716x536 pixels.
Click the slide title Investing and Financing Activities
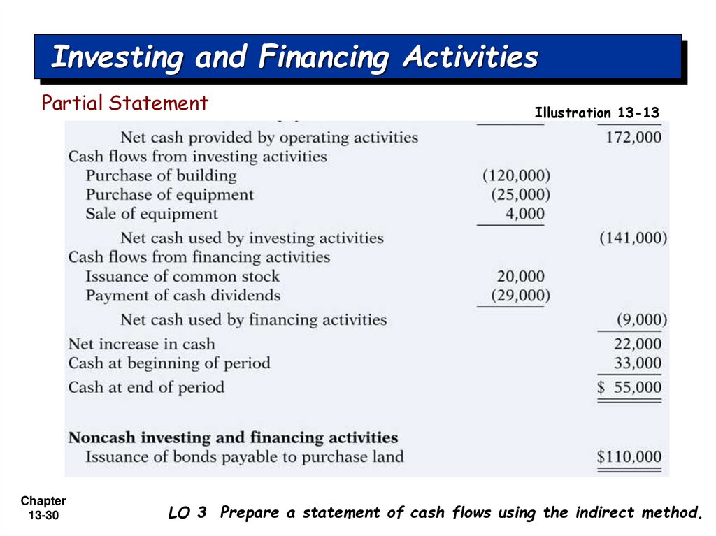(x=294, y=57)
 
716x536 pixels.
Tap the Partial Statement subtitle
(x=124, y=103)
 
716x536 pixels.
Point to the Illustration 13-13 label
(x=596, y=113)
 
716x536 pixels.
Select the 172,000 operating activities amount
(x=633, y=137)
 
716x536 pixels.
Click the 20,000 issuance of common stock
(x=520, y=277)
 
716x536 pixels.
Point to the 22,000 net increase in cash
(x=638, y=344)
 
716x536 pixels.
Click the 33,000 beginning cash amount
(x=638, y=363)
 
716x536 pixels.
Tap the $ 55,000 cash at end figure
(x=629, y=387)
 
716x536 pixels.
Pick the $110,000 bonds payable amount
(x=629, y=457)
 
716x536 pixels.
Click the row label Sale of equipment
(x=152, y=214)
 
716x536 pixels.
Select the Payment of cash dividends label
(x=182, y=296)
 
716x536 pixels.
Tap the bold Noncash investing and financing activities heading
(x=233, y=438)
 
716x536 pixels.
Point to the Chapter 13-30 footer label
(x=43, y=508)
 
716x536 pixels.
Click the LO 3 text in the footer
(x=187, y=513)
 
